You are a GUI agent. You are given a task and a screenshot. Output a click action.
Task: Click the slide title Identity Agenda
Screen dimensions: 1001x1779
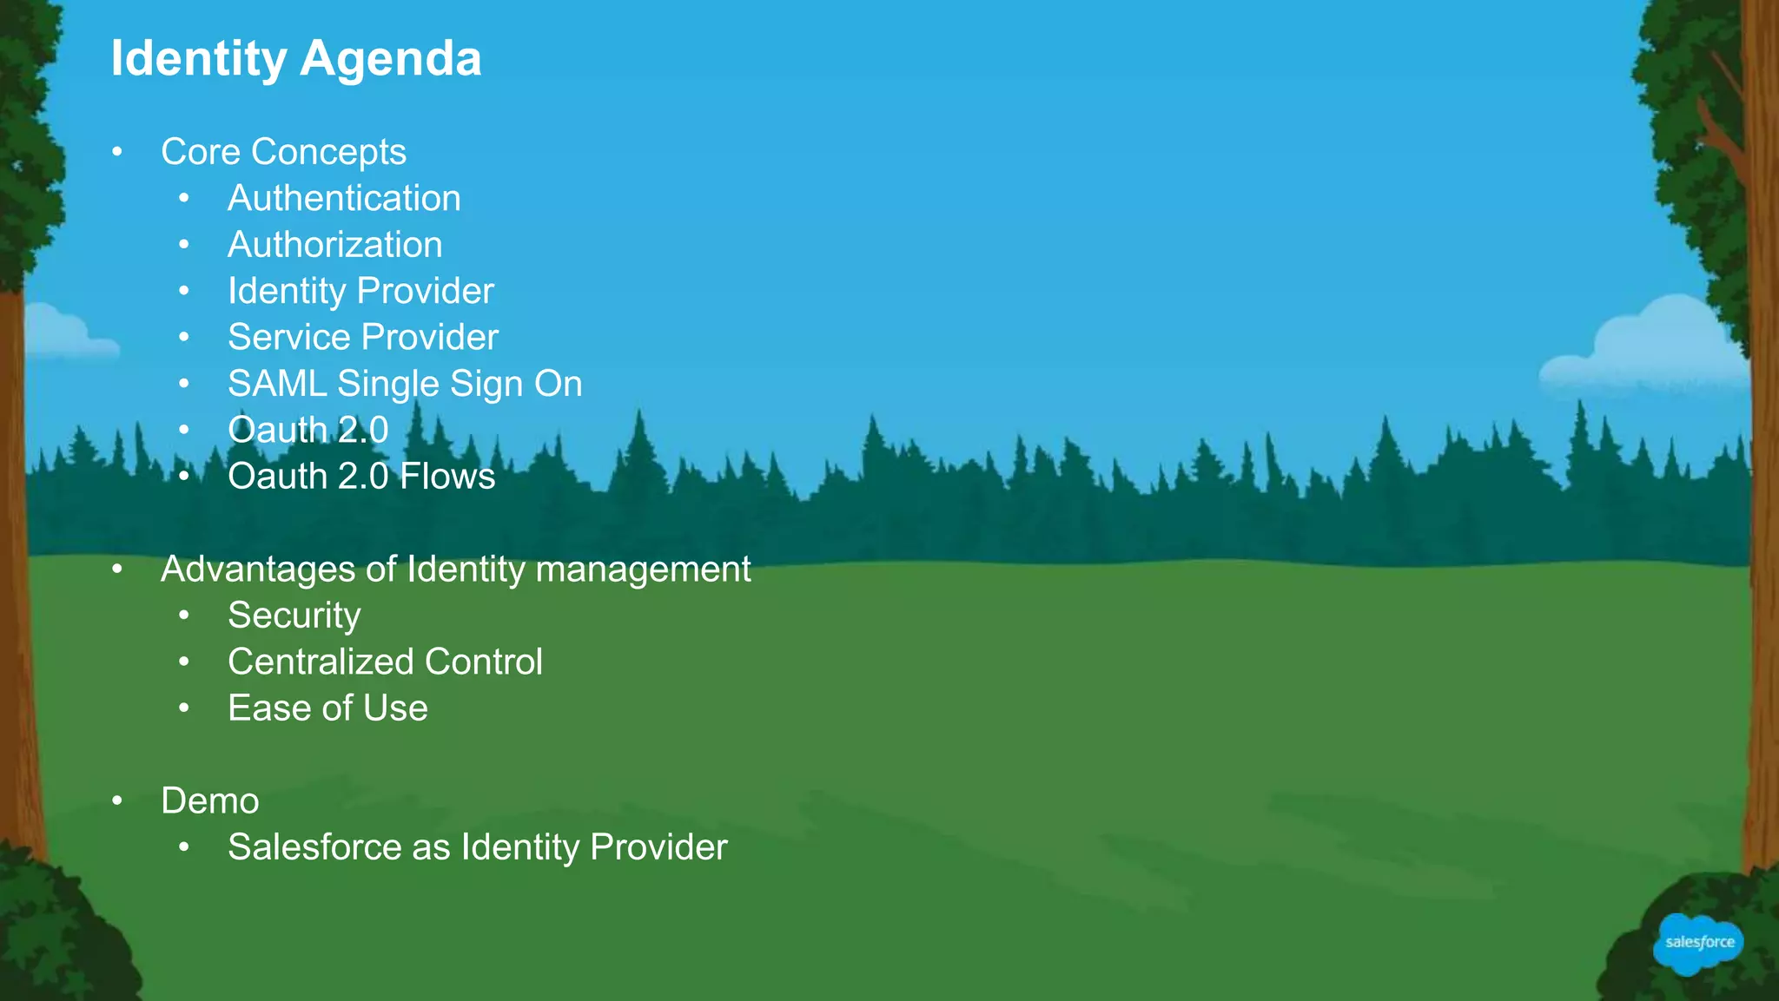coord(295,59)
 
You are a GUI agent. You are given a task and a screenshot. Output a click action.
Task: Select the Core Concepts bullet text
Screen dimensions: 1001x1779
coord(283,152)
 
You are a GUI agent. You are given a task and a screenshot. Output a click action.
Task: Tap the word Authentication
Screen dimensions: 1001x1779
coord(344,199)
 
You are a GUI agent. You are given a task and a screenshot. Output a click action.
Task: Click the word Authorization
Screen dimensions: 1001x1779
coord(334,245)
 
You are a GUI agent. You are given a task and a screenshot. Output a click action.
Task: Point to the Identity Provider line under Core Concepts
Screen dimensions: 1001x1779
coord(360,291)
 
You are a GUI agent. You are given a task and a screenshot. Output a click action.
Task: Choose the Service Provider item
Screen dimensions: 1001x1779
coord(362,337)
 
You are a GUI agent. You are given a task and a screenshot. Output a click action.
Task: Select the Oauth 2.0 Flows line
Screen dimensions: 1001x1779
coord(360,477)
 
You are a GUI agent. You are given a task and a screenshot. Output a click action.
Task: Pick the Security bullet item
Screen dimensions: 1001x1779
coord(294,616)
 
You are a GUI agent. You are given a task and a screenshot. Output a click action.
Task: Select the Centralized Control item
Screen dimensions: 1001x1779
coord(385,662)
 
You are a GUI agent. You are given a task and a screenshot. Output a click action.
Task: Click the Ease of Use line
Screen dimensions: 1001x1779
coord(327,708)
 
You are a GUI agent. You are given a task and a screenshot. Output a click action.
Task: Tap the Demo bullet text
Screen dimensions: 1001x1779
coord(209,800)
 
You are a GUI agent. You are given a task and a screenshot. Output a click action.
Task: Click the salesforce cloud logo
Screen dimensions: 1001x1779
coord(1698,943)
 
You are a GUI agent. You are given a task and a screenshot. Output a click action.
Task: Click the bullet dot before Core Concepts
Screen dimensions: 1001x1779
coord(117,153)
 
